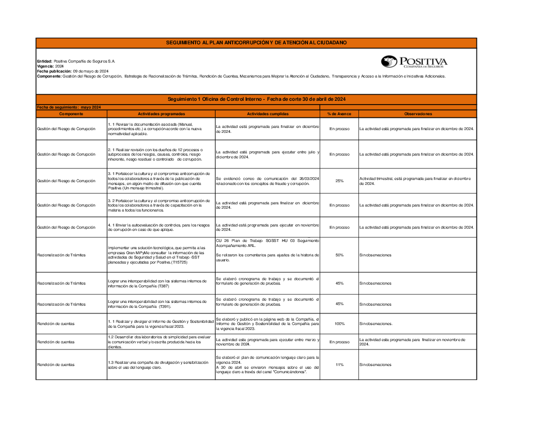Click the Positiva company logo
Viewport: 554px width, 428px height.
click(414, 61)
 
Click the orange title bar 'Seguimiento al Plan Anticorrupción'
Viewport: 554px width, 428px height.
click(256, 43)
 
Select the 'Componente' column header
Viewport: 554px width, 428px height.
click(71, 114)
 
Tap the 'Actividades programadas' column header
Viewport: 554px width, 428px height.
click(161, 114)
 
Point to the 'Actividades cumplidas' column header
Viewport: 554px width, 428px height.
click(268, 114)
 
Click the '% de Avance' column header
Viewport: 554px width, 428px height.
click(339, 114)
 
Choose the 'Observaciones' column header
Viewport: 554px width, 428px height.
click(417, 114)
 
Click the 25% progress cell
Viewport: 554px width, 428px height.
click(339, 181)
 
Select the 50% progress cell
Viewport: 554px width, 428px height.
click(339, 255)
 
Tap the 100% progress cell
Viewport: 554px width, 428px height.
click(339, 323)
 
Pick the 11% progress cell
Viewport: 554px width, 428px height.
click(339, 365)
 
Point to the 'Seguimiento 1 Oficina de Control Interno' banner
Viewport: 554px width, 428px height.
click(256, 99)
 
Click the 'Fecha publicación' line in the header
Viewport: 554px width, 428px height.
click(73, 71)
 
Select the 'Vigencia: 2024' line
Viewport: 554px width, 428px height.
click(50, 66)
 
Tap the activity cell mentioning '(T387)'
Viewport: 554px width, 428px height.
click(161, 283)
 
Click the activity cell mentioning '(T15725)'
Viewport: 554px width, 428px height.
click(161, 255)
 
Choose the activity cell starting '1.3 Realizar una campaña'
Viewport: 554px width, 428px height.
click(161, 365)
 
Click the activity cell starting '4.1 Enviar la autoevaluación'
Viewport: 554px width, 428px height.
click(161, 227)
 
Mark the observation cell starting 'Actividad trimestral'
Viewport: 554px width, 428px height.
click(417, 181)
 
